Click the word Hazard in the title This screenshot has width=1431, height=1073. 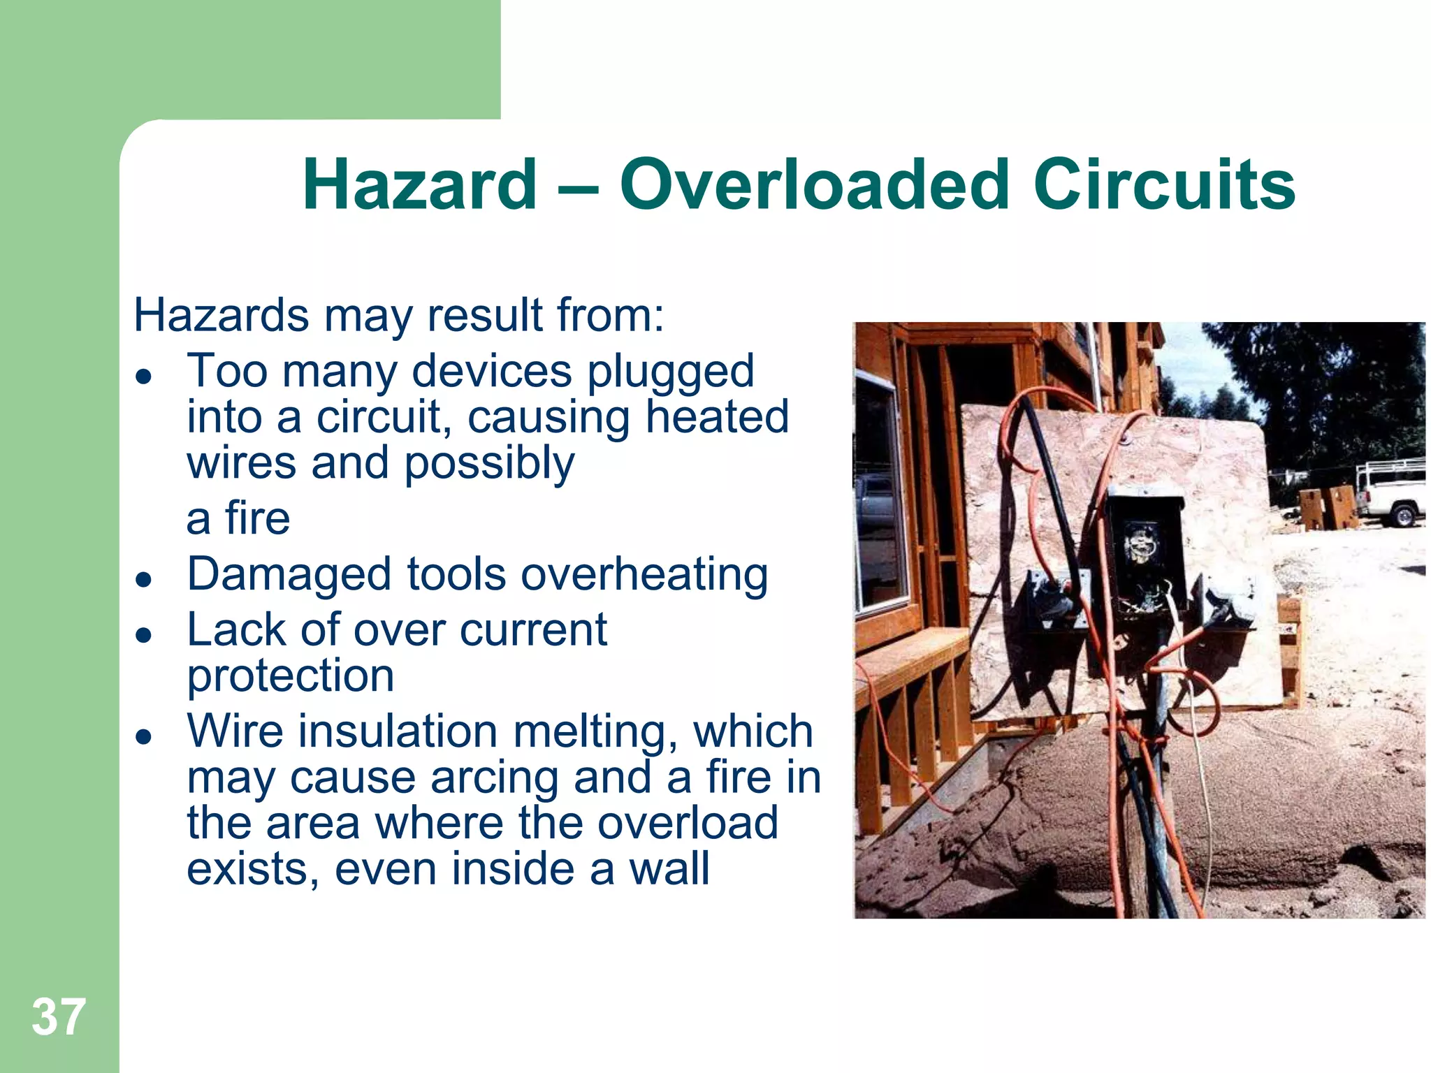click(x=420, y=184)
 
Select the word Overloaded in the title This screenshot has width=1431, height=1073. click(x=815, y=184)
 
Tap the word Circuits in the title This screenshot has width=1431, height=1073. click(x=1163, y=184)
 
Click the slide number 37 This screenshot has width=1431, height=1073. click(x=59, y=1017)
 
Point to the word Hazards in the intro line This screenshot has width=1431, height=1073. click(x=221, y=315)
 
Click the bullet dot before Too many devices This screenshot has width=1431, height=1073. click(x=144, y=377)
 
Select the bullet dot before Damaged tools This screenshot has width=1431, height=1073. click(x=144, y=580)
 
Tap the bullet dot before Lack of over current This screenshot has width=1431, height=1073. click(x=144, y=635)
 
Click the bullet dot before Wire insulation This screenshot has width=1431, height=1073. click(x=144, y=737)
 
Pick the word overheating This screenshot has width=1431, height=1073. click(x=644, y=576)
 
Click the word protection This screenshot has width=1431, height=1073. click(x=291, y=676)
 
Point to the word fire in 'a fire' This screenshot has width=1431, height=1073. click(x=257, y=518)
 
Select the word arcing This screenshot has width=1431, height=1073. click(x=494, y=778)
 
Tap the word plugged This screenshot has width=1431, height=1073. click(x=670, y=372)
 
